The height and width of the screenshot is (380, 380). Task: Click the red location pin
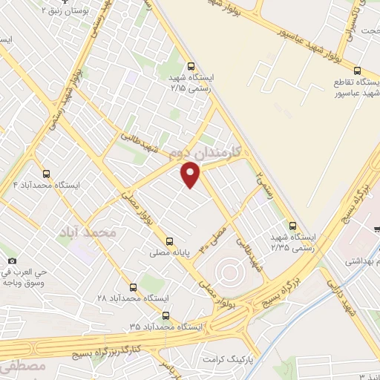191,175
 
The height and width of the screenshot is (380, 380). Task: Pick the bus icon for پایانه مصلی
169,240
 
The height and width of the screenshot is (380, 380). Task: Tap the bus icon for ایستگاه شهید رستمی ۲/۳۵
292,226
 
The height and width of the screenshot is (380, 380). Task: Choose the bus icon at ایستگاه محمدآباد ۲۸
134,286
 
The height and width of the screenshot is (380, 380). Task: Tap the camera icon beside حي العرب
12,261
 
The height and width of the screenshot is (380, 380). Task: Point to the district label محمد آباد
88,232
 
